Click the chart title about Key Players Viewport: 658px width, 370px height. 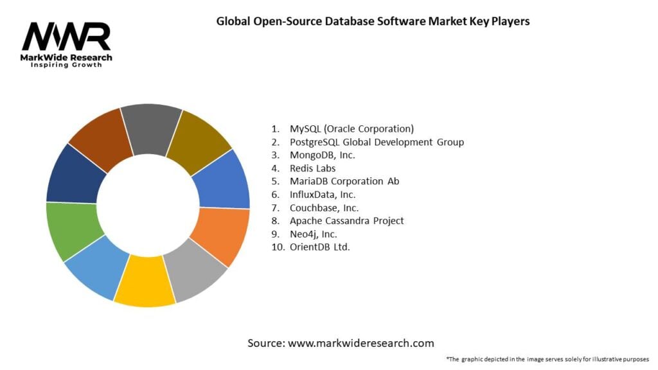click(x=373, y=21)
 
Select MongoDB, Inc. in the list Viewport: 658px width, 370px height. click(x=322, y=155)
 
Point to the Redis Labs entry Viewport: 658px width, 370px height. click(x=312, y=168)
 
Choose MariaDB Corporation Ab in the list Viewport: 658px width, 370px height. click(x=344, y=181)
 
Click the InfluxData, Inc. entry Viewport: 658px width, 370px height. click(x=323, y=194)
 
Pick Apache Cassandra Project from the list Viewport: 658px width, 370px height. click(x=346, y=220)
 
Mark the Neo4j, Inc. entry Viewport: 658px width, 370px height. click(x=314, y=234)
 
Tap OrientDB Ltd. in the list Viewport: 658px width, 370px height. click(x=319, y=247)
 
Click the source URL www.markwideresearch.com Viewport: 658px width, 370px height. click(x=360, y=343)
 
